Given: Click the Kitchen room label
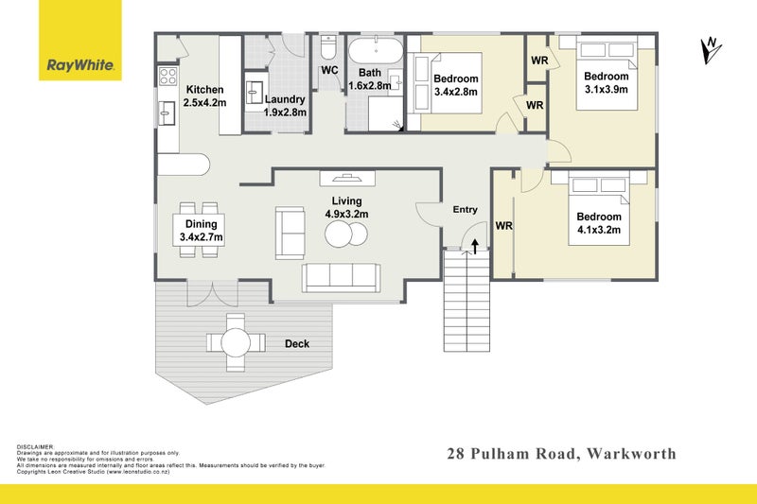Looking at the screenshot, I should point(204,90).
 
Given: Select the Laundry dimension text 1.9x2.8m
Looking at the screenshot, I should point(285,113).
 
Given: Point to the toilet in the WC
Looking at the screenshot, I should point(328,47).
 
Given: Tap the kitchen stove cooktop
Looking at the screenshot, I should point(167,76).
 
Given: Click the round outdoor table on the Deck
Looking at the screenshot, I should point(237,341).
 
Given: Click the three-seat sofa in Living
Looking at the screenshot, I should point(341,276).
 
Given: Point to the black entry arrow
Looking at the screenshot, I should point(473,247).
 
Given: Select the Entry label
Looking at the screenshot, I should point(465,210).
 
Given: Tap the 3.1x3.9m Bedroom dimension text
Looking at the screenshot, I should point(606,90).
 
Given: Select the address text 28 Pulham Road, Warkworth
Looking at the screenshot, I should point(561,454).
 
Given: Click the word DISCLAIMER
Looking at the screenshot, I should point(36,445).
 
